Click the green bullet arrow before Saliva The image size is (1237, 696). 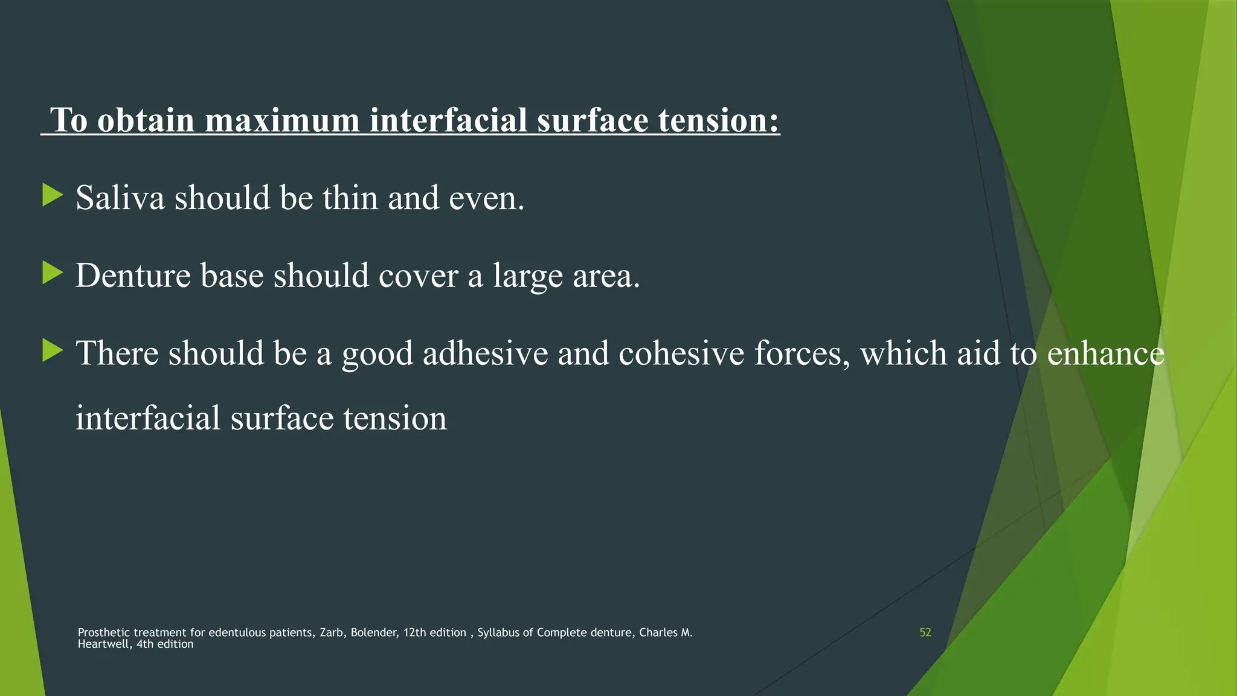point(53,195)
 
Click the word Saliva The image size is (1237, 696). point(120,198)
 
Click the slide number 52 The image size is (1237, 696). point(925,633)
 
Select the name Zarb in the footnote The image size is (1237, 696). point(332,633)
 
